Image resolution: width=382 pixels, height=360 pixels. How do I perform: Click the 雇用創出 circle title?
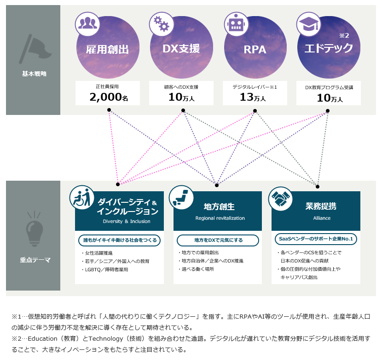(x=107, y=49)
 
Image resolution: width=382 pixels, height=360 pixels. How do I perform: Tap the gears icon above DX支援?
(x=160, y=24)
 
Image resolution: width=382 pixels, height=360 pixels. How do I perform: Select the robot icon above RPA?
(x=235, y=24)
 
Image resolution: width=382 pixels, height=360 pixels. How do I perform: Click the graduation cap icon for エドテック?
(x=308, y=24)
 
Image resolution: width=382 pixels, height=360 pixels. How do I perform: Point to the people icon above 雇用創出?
(x=87, y=24)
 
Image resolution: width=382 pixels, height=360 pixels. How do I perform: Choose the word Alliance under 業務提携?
(x=322, y=218)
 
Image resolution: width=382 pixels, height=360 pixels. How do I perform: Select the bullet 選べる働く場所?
(x=197, y=269)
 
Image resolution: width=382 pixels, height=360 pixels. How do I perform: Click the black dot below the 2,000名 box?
(x=109, y=110)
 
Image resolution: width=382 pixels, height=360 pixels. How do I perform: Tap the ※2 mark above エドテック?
(x=344, y=35)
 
